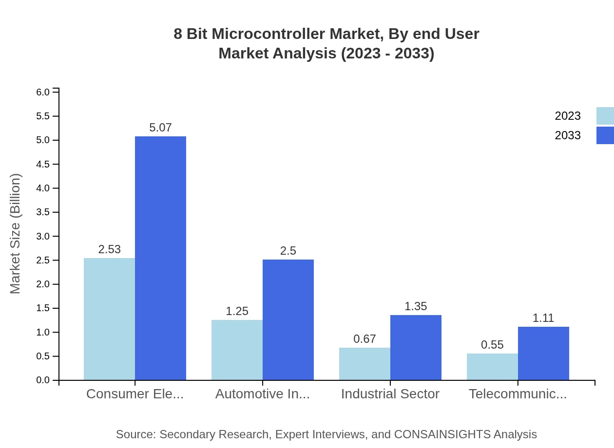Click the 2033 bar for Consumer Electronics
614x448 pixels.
click(x=160, y=258)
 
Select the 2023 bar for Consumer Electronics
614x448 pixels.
click(x=109, y=319)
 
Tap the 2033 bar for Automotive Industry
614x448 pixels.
click(x=288, y=319)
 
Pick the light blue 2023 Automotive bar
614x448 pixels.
click(x=237, y=350)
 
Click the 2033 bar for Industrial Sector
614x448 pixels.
click(x=416, y=347)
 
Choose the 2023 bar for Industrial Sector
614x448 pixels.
click(x=365, y=364)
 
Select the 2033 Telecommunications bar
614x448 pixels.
click(x=543, y=353)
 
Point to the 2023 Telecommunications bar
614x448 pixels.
click(x=492, y=367)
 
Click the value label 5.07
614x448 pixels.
click(x=160, y=128)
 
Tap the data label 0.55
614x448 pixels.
click(x=492, y=345)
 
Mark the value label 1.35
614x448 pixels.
click(x=416, y=306)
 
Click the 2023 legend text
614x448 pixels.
click(x=568, y=116)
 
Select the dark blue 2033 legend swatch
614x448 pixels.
click(x=605, y=135)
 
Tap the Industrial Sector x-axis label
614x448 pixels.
click(x=390, y=394)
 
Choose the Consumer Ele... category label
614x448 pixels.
click(x=135, y=394)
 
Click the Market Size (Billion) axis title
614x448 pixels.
click(x=16, y=234)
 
